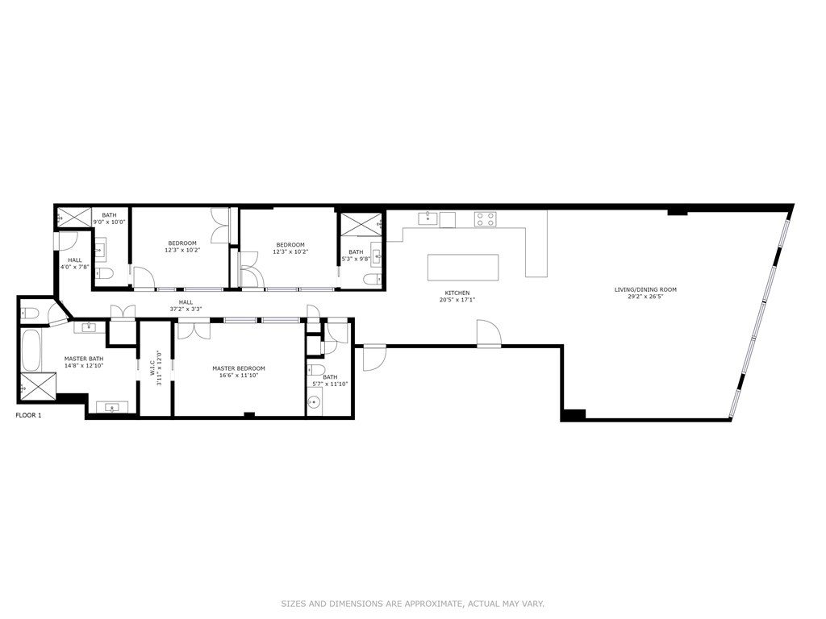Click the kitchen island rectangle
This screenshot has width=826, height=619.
pos(462,267)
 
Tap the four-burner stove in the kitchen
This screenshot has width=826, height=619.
pos(485,218)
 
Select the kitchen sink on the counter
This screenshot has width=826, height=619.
pos(428,218)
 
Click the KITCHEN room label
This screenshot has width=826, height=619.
pos(457,293)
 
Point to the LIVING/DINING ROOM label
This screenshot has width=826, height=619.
pos(645,289)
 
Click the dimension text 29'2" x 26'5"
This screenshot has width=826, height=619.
pos(645,297)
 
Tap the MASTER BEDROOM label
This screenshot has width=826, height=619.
pos(239,368)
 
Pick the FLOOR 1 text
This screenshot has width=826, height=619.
pos(29,415)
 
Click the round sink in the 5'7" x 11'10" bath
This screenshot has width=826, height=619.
pos(315,400)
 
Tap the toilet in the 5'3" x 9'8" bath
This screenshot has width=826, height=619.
pos(370,280)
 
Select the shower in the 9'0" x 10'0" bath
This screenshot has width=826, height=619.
pos(73,216)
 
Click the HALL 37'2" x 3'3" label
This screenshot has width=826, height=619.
pos(186,305)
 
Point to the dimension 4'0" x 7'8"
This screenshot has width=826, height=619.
pos(75,267)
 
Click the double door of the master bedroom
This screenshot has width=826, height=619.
pos(194,328)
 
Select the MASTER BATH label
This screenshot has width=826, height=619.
pos(84,358)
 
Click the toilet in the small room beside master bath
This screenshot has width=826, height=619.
pos(29,312)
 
